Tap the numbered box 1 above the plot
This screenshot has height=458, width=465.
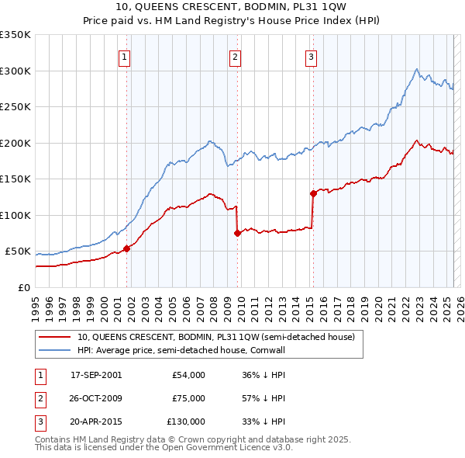point(124,56)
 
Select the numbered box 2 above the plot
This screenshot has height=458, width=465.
point(235,56)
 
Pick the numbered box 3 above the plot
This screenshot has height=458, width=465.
point(310,56)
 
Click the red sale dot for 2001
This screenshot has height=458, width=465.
point(126,248)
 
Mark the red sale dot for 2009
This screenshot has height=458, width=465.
point(237,233)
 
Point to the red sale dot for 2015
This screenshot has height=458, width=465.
point(313,193)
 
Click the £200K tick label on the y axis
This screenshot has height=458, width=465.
point(15,143)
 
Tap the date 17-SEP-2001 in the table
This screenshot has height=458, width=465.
point(96,375)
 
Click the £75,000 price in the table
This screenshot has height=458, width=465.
point(189,398)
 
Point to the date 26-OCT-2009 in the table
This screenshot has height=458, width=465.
point(96,398)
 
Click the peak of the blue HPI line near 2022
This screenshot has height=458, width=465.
point(417,68)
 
